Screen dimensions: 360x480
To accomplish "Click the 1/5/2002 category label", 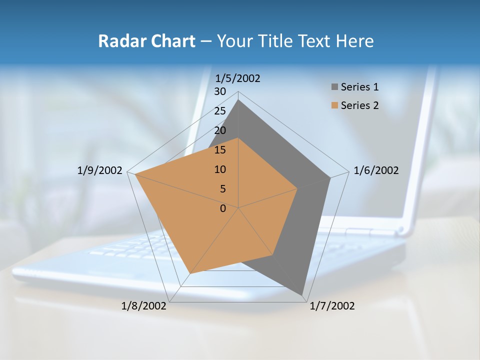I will (237, 78).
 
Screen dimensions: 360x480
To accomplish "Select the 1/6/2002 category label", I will (376, 170).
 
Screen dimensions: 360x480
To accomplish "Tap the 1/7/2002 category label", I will (332, 306).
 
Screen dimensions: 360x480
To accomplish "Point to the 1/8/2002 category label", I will (144, 306).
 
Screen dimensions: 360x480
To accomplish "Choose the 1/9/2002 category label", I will (100, 170).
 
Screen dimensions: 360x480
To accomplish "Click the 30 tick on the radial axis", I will (220, 91).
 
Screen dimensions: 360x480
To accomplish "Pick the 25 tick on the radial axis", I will (220, 111).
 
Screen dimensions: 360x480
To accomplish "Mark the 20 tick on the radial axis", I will (220, 130).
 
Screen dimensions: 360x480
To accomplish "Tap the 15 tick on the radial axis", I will (220, 150).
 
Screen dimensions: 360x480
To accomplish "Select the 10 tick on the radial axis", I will (220, 169).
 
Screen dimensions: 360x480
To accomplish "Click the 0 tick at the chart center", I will (223, 208).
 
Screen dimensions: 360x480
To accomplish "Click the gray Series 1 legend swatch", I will (334, 87).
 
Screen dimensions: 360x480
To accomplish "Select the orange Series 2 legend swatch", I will (334, 105).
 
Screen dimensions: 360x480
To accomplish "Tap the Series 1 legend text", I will (359, 87).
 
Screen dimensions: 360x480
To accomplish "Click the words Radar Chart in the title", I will (146, 41).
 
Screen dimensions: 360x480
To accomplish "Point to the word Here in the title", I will (355, 41).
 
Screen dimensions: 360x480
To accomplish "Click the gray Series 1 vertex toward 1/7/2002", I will (302, 294).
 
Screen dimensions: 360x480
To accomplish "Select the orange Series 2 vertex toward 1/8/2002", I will (190, 273).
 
